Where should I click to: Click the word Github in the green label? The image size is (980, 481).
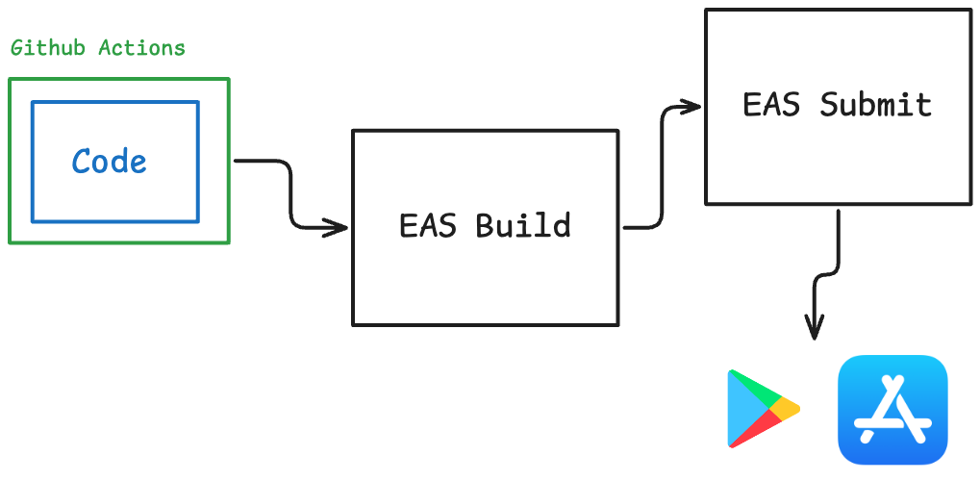pyautogui.click(x=47, y=48)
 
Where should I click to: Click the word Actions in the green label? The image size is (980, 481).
pyautogui.click(x=142, y=48)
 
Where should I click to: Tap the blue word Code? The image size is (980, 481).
pyautogui.click(x=110, y=162)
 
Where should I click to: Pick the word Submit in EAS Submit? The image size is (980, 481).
pyautogui.click(x=875, y=105)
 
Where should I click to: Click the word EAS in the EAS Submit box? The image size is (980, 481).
pyautogui.click(x=771, y=105)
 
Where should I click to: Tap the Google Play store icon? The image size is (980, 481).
pyautogui.click(x=764, y=409)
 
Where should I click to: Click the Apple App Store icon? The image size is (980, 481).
pyautogui.click(x=893, y=410)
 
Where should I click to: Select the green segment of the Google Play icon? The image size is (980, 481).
pyautogui.click(x=755, y=388)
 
